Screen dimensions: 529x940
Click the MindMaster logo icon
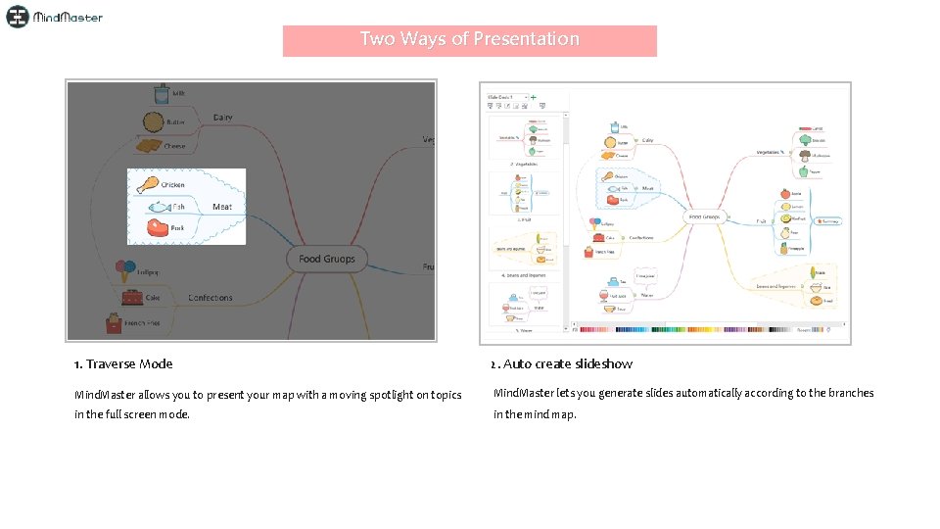pyautogui.click(x=18, y=17)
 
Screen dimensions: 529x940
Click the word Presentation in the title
pyautogui.click(x=527, y=39)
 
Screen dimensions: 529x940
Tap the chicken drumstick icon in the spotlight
pyautogui.click(x=148, y=183)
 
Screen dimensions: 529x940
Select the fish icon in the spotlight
pyautogui.click(x=157, y=207)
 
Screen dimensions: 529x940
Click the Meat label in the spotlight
pyautogui.click(x=222, y=207)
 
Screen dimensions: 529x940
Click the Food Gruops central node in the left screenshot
pyautogui.click(x=327, y=259)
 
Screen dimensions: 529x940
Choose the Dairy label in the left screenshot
pyautogui.click(x=223, y=118)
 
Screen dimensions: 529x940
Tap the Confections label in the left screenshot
pyautogui.click(x=210, y=297)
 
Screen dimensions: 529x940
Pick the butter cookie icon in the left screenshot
pyautogui.click(x=152, y=121)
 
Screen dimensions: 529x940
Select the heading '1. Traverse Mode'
pyautogui.click(x=123, y=364)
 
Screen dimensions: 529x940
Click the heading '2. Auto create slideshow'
pyautogui.click(x=562, y=364)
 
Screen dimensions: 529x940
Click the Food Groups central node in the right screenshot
pyautogui.click(x=704, y=216)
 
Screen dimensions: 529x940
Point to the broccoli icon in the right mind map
pyautogui.click(x=804, y=140)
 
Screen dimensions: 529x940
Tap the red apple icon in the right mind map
pyautogui.click(x=784, y=194)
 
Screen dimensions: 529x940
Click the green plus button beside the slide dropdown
pyautogui.click(x=533, y=97)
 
